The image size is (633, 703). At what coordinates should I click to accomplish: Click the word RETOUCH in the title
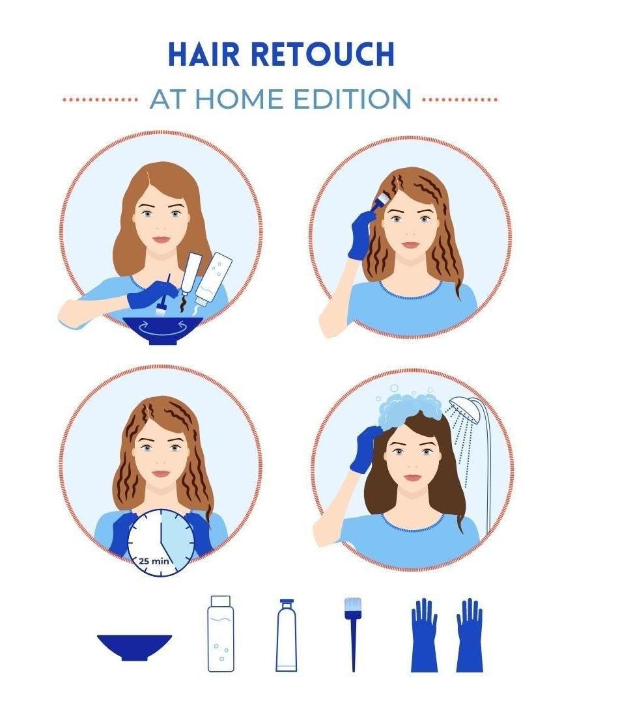point(323,55)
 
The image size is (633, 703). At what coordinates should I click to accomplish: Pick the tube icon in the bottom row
point(286,635)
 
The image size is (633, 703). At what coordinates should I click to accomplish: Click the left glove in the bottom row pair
point(423,635)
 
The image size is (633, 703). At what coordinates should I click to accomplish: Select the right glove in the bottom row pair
point(469,635)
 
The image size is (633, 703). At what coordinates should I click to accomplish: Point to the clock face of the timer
point(161,542)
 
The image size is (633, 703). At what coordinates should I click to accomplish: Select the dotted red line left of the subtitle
point(100,100)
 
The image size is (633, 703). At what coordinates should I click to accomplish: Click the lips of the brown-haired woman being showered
point(412,478)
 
